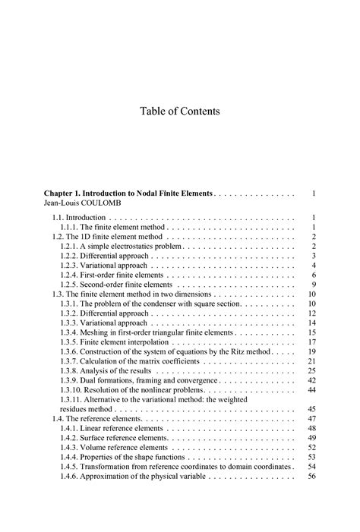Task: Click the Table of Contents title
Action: coord(179,112)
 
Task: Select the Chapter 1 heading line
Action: coord(130,194)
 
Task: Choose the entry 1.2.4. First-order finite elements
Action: coord(110,275)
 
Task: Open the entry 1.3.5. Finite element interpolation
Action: coord(114,342)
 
